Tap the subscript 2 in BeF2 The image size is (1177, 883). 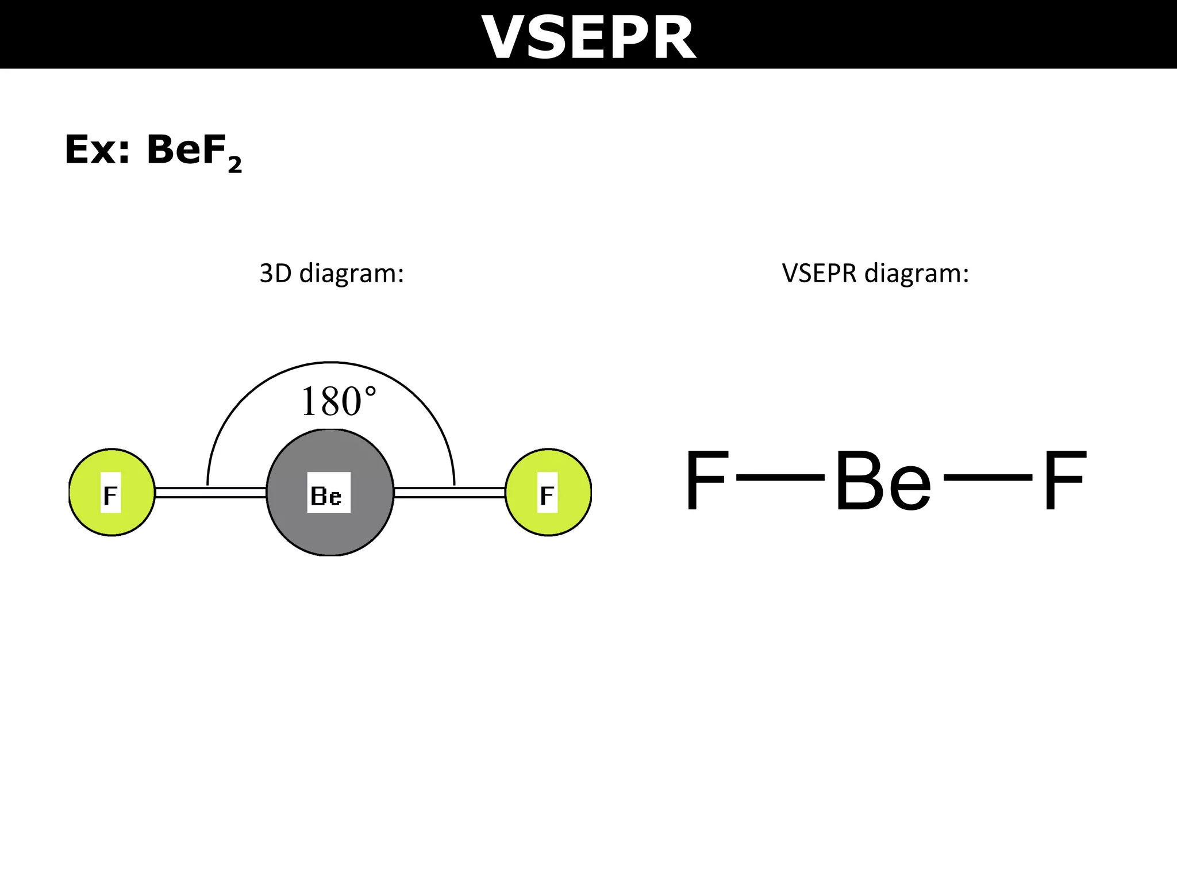(234, 166)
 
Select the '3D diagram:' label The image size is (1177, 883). (332, 273)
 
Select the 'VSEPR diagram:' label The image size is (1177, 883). (875, 273)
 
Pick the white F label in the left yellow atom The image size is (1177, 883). (110, 493)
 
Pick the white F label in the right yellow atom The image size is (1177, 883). (547, 493)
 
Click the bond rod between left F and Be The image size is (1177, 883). (210, 493)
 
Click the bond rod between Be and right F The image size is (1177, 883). (449, 493)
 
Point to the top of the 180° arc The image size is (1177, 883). (331, 363)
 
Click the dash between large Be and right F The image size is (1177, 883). (987, 477)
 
